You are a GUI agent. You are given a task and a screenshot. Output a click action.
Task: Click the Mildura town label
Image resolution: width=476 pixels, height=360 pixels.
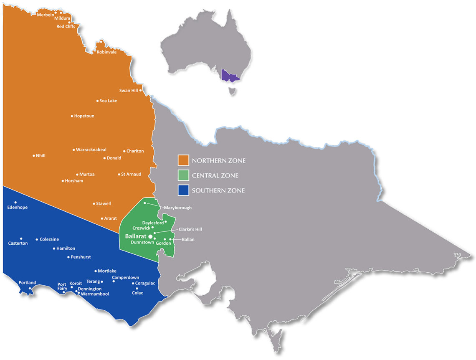coord(62,18)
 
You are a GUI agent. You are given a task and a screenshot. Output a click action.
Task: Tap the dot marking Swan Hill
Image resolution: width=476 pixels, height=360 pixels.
coord(141,90)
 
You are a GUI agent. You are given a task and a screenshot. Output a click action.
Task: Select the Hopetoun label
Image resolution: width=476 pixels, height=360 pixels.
coord(84,116)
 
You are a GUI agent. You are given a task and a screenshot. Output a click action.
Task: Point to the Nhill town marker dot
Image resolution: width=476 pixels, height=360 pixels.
coord(34,156)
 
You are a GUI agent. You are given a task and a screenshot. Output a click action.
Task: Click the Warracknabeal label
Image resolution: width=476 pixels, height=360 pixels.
coord(91,150)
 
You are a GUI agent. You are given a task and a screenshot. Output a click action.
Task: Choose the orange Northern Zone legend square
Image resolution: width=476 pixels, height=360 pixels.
coord(184,161)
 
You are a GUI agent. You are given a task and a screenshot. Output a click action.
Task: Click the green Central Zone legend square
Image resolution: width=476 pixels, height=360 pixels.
coord(184,176)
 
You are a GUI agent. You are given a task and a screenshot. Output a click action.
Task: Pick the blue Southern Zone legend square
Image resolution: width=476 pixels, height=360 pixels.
coord(184,191)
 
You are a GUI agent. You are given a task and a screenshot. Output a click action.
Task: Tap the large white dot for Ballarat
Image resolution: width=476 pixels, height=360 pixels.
coord(150,236)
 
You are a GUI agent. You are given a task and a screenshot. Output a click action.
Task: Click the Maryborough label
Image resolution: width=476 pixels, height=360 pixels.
coord(177,208)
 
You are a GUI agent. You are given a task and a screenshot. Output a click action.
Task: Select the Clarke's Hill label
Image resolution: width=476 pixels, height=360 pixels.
coord(190,229)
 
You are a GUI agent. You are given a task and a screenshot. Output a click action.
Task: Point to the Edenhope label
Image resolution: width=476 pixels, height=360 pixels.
coord(18,208)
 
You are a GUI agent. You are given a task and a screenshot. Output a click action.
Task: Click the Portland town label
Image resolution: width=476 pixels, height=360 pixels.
coord(27,283)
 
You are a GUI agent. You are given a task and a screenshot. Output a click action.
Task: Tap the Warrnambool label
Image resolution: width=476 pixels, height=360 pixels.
coord(95,294)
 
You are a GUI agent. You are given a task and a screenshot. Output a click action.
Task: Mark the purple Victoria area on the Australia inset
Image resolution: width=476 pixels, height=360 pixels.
coord(230,76)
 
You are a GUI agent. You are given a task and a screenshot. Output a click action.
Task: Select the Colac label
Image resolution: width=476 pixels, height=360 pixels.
coord(137,293)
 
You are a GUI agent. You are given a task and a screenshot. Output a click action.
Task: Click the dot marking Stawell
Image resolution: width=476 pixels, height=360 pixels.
coord(94,204)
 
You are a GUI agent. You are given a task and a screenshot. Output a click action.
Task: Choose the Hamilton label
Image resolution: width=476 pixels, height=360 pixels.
coord(66,248)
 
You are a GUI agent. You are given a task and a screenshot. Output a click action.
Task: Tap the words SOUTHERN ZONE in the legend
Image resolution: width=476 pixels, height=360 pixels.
coord(218,191)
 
